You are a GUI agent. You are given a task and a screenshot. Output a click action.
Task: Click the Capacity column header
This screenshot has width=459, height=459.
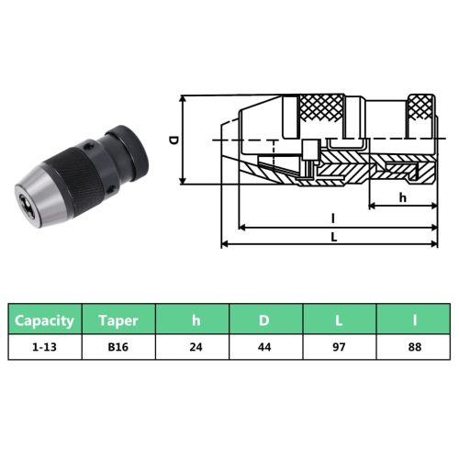(44, 320)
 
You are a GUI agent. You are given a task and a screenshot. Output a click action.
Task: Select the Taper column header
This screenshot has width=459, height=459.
(119, 320)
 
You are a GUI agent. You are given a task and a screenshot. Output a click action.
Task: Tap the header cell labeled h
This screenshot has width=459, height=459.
(195, 320)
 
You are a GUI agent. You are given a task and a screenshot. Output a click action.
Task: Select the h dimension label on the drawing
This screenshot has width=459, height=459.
(402, 197)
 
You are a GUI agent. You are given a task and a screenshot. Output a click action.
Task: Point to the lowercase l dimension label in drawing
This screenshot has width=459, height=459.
(333, 218)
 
